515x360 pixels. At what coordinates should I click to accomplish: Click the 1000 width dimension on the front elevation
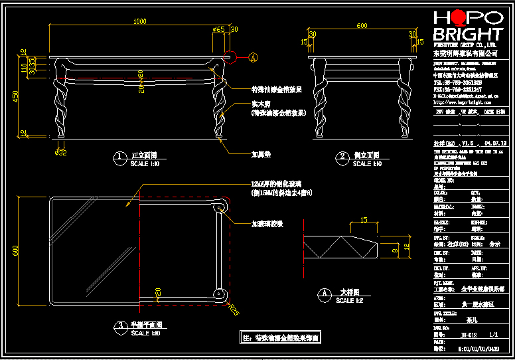pos(139,22)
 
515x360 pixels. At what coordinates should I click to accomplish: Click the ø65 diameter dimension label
pos(218,29)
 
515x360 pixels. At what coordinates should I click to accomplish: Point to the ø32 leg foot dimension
pos(60,153)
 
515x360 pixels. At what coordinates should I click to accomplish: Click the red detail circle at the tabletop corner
pos(232,58)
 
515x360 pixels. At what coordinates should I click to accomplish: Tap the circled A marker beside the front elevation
pos(254,58)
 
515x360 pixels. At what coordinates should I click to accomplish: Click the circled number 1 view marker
pos(120,158)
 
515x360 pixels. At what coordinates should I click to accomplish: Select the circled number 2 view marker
pos(343,158)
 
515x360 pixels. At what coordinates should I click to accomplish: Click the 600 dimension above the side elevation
pos(362,26)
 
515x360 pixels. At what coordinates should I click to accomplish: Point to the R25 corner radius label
pos(233,309)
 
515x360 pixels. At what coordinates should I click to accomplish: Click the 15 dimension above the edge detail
pos(363,220)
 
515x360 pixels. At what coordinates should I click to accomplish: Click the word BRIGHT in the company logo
pos(467,34)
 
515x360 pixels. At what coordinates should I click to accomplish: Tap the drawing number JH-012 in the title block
pos(469,336)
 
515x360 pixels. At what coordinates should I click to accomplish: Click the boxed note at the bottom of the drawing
pos(280,337)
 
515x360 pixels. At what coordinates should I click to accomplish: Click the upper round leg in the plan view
pos(219,209)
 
